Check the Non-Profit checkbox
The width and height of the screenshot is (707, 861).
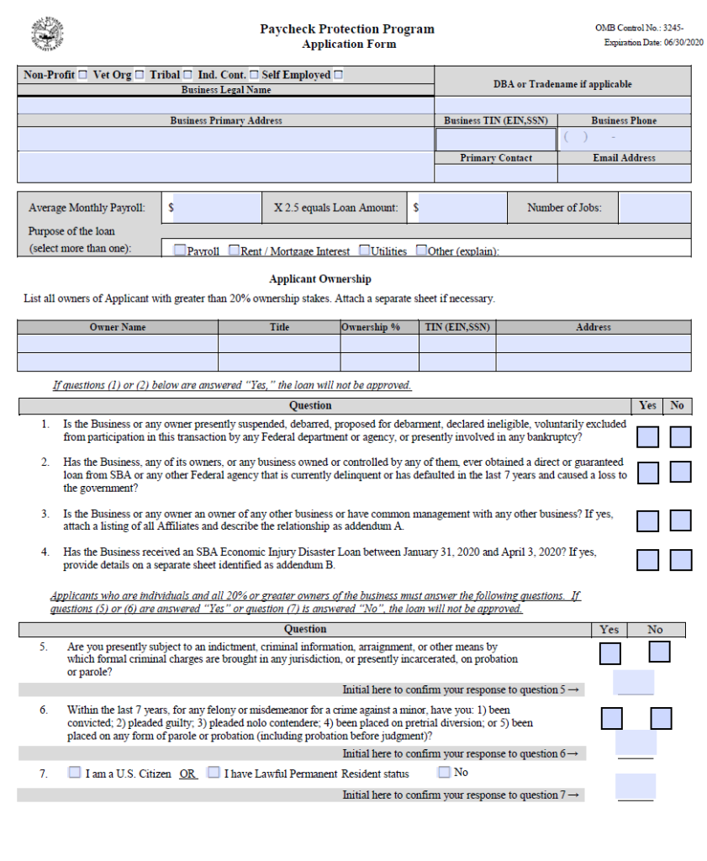pyautogui.click(x=82, y=76)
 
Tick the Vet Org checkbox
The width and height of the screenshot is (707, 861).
pyautogui.click(x=140, y=76)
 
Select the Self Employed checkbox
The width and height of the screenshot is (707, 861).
pyautogui.click(x=338, y=76)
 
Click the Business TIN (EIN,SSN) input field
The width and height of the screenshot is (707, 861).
pyautogui.click(x=495, y=139)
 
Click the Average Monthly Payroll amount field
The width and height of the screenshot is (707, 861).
pyautogui.click(x=217, y=208)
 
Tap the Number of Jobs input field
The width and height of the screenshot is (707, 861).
pyautogui.click(x=654, y=208)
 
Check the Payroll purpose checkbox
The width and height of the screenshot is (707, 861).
pyautogui.click(x=180, y=251)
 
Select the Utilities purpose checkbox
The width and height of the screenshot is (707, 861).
pyautogui.click(x=365, y=251)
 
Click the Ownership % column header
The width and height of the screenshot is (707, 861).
pyautogui.click(x=371, y=327)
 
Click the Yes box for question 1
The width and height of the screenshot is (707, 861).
pyautogui.click(x=647, y=437)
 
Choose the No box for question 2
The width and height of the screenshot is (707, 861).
pyautogui.click(x=680, y=473)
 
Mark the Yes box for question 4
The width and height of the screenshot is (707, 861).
pyautogui.click(x=647, y=560)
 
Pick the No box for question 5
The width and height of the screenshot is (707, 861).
pyautogui.click(x=659, y=652)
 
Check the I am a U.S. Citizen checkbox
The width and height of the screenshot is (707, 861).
pyautogui.click(x=75, y=772)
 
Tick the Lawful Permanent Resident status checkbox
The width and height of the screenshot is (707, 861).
pyautogui.click(x=214, y=772)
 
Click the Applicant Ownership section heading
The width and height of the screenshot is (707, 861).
pyautogui.click(x=319, y=279)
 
